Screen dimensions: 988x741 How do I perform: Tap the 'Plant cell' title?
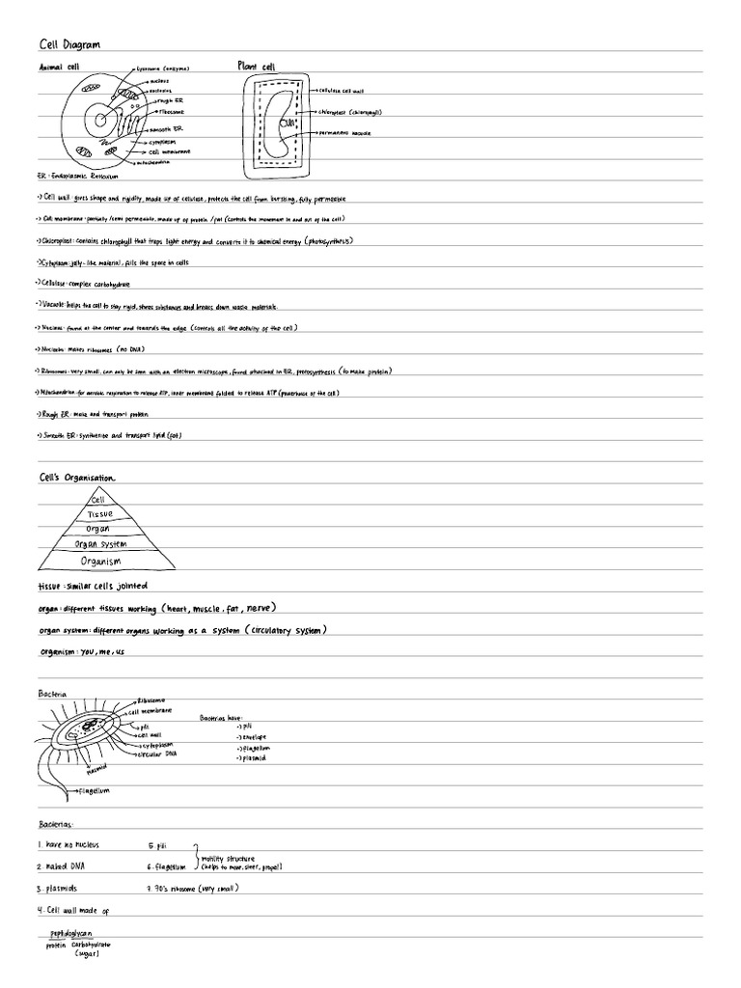point(256,67)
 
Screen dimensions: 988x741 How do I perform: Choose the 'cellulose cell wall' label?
point(346,90)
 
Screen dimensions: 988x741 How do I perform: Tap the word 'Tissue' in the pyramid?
point(100,514)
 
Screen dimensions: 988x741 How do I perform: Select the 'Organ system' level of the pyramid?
point(100,543)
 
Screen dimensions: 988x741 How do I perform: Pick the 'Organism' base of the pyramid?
point(100,560)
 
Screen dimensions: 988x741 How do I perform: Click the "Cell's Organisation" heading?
point(76,478)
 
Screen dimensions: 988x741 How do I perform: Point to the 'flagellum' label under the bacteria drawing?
point(97,790)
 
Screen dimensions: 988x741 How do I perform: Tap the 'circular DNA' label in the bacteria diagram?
point(163,754)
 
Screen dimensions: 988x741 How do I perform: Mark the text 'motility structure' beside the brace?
point(231,856)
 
